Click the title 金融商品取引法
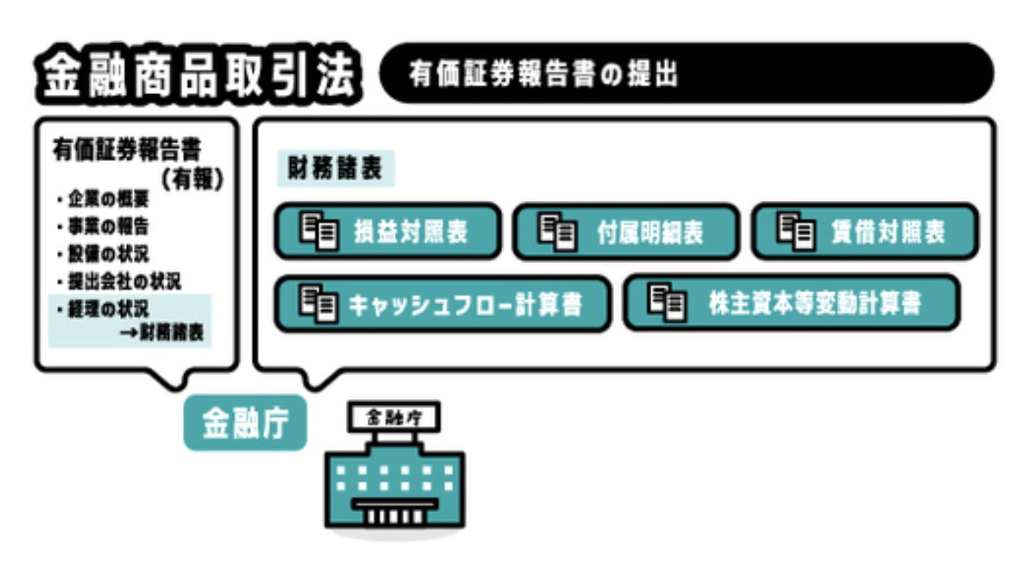(x=197, y=75)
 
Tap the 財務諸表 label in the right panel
(x=336, y=169)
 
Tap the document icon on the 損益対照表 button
(x=319, y=230)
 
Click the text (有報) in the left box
(x=192, y=180)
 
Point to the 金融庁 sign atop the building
(x=394, y=417)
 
